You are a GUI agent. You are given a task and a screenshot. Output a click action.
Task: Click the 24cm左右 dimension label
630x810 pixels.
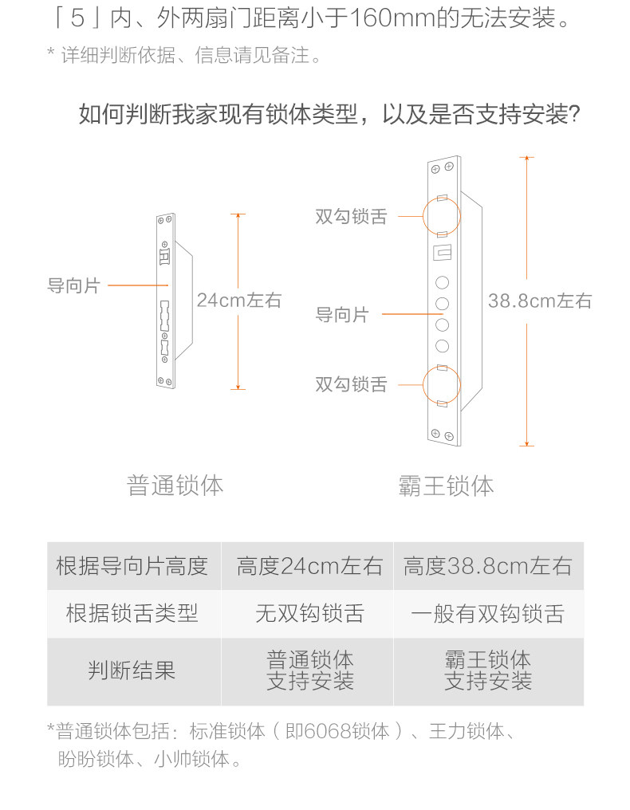[x=239, y=301]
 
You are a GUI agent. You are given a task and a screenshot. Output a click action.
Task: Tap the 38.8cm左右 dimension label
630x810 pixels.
[x=540, y=301]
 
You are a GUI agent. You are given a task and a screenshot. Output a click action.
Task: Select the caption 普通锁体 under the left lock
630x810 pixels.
[x=175, y=485]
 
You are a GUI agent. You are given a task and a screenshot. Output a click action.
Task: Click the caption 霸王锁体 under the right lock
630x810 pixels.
[x=446, y=486]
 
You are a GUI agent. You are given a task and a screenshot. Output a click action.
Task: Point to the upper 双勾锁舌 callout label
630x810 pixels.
[x=351, y=216]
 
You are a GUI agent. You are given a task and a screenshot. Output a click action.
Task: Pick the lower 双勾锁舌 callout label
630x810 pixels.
[x=351, y=384]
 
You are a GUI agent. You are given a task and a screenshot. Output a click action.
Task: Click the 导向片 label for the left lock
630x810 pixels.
[x=73, y=285]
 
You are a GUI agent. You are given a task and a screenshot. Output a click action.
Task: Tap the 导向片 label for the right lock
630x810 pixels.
[x=342, y=314]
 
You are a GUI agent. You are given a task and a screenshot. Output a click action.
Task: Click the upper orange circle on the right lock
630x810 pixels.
[x=441, y=216]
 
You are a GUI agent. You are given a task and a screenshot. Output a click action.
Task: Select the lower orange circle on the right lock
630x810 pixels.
[x=441, y=384]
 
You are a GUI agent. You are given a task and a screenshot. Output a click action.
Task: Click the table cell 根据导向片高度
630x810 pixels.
[x=132, y=566]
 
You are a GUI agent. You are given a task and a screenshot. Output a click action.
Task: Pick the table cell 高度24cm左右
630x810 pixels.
[x=309, y=566]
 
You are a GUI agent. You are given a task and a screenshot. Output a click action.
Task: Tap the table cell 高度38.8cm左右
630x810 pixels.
[x=488, y=566]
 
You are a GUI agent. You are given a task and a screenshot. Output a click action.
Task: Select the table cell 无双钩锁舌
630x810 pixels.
[x=309, y=613]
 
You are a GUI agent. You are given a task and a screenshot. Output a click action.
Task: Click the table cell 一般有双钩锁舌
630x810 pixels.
[x=488, y=613]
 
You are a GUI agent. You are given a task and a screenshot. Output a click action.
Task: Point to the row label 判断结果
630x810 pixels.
[x=132, y=670]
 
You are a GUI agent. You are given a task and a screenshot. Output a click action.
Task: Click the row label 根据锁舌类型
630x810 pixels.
[x=132, y=613]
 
